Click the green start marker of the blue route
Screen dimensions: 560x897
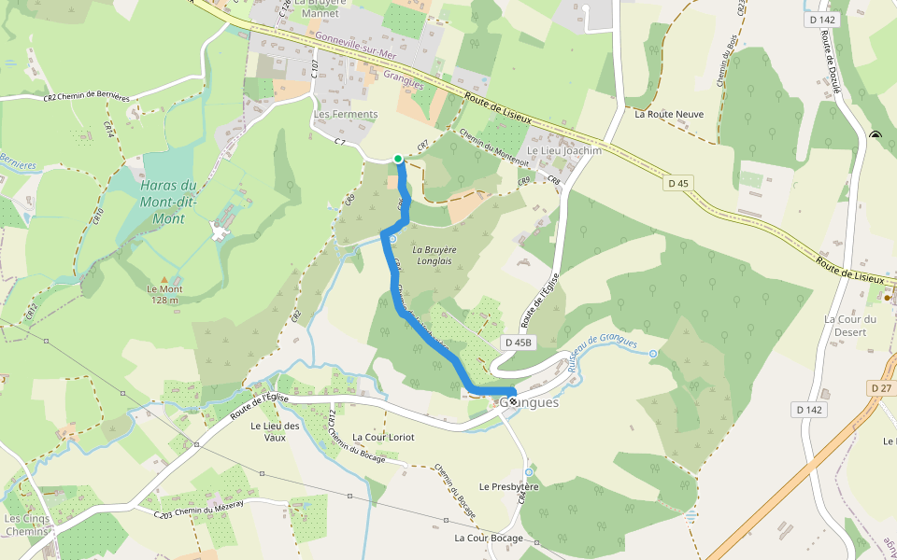tap(398, 159)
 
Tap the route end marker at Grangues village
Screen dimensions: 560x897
tap(512, 400)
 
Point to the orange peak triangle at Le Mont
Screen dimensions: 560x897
tap(165, 279)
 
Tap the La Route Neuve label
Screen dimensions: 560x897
tap(669, 115)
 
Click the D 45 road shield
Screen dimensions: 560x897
tap(678, 183)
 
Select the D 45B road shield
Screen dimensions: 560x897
tap(518, 343)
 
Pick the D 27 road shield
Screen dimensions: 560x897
tap(881, 387)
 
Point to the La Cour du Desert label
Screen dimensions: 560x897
tap(850, 325)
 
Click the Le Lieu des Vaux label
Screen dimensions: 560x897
tap(275, 431)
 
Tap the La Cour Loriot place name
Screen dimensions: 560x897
tap(383, 437)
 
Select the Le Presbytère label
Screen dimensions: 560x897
tap(509, 486)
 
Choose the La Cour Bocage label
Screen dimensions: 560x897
tap(489, 539)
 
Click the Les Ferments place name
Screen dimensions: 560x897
tap(346, 115)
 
